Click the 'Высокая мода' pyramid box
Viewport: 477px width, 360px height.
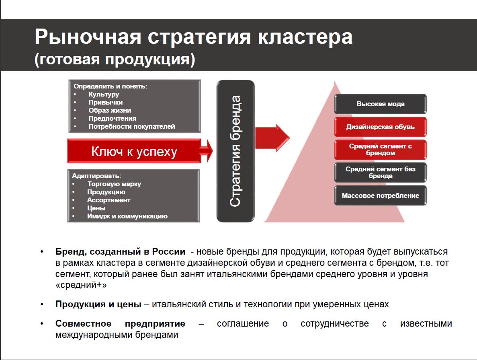tap(380, 104)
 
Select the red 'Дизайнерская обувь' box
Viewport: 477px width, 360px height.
tap(380, 127)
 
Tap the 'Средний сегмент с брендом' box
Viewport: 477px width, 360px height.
tap(380, 150)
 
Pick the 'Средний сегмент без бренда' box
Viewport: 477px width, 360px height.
tap(380, 173)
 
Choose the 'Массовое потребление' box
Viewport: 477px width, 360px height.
tap(380, 195)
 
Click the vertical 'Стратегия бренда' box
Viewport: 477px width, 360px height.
tap(235, 151)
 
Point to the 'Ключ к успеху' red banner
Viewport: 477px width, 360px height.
tap(134, 151)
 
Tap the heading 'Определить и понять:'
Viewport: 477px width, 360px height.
tap(110, 86)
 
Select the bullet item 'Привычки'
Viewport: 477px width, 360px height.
tap(106, 102)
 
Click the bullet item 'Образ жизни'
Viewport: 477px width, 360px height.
tap(110, 110)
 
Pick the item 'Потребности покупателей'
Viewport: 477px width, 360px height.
tap(132, 126)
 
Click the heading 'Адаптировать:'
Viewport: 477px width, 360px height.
tap(96, 176)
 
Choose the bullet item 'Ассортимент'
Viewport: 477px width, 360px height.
tap(109, 200)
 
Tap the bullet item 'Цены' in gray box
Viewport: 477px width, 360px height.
tap(96, 208)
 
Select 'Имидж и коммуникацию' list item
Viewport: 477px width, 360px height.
tap(127, 216)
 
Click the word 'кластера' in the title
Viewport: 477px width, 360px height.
tap(305, 37)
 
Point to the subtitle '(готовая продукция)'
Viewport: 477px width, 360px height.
tap(115, 59)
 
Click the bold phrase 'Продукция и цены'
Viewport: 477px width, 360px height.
tap(98, 304)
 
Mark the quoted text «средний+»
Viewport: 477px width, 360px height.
tap(81, 285)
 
